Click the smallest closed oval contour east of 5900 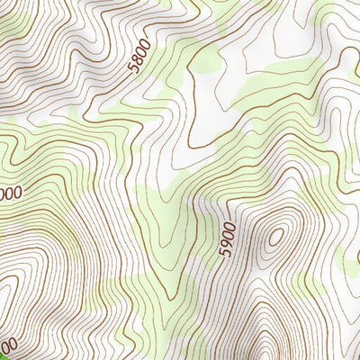coord(276,237)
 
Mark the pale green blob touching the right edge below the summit coord(353,261)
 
